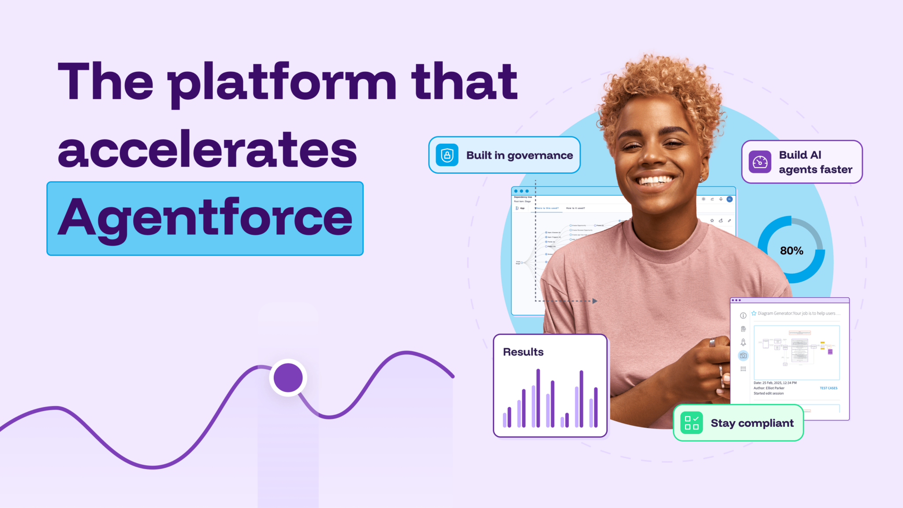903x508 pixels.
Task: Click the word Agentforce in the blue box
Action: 205,218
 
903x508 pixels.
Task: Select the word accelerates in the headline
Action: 207,150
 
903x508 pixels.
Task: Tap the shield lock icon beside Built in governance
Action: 447,155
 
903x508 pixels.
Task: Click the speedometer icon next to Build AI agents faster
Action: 760,162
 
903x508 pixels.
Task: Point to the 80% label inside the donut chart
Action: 791,251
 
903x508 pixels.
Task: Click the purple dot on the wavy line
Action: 288,378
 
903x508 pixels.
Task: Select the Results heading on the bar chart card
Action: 523,352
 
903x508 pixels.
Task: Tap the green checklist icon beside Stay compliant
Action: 691,423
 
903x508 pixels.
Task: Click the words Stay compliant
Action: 752,423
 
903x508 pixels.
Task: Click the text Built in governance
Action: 519,155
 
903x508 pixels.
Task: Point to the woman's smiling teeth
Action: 656,180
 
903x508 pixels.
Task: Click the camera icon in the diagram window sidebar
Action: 743,355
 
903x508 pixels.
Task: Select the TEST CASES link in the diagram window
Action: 828,388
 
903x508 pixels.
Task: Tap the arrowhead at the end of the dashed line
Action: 595,301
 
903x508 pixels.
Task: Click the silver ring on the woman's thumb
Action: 712,342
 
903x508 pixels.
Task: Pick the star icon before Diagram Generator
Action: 754,313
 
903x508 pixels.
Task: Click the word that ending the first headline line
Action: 464,82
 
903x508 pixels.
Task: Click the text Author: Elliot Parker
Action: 769,388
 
